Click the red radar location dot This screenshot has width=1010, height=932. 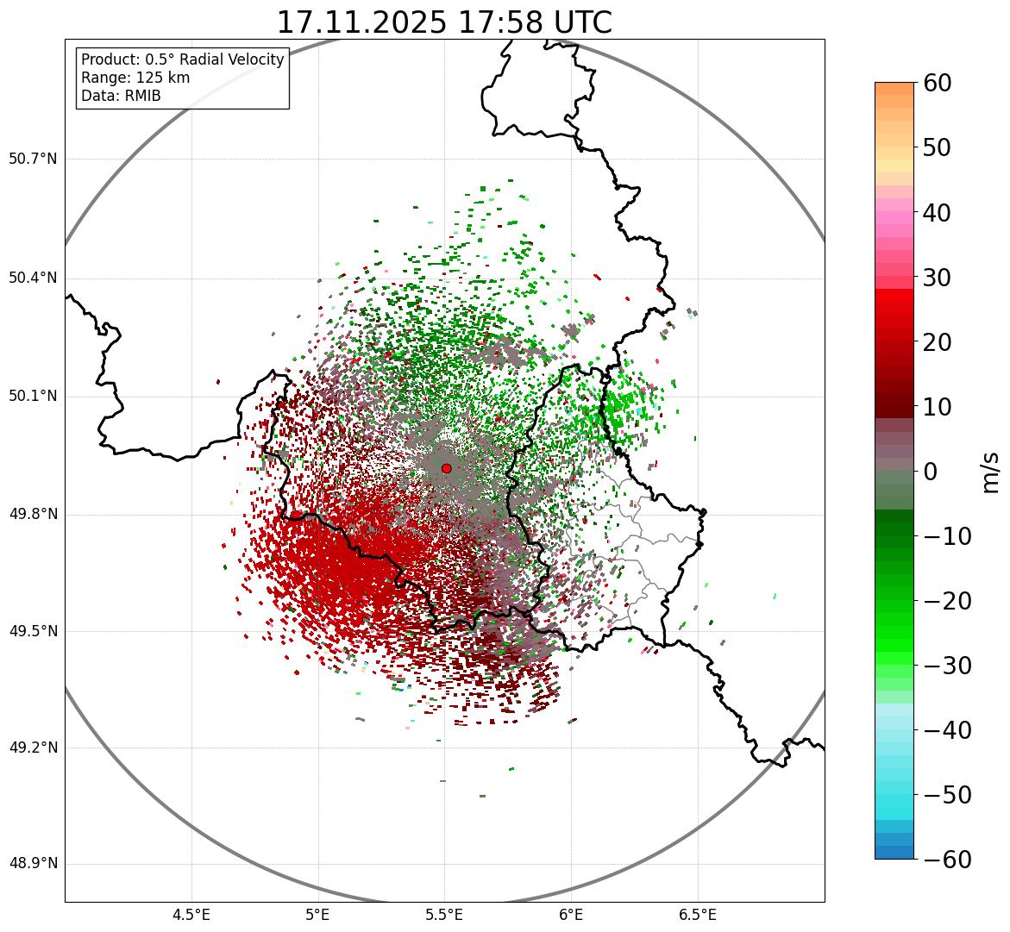[446, 468]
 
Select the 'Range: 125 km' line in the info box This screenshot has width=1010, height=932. [135, 78]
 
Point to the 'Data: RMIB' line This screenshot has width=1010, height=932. [121, 96]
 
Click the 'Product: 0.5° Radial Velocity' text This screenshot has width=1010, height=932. [182, 59]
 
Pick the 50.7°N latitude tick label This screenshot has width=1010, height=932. [33, 160]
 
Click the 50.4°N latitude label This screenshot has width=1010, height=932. [33, 278]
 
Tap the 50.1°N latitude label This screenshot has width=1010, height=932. [33, 397]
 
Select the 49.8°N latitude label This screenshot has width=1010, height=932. [33, 515]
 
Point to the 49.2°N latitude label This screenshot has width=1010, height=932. [33, 747]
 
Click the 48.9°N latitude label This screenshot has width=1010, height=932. [33, 864]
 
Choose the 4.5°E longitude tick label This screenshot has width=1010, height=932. [191, 915]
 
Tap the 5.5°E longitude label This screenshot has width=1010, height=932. [444, 915]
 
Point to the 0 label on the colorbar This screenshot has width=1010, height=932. [931, 472]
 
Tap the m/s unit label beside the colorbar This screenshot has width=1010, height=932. [991, 472]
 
